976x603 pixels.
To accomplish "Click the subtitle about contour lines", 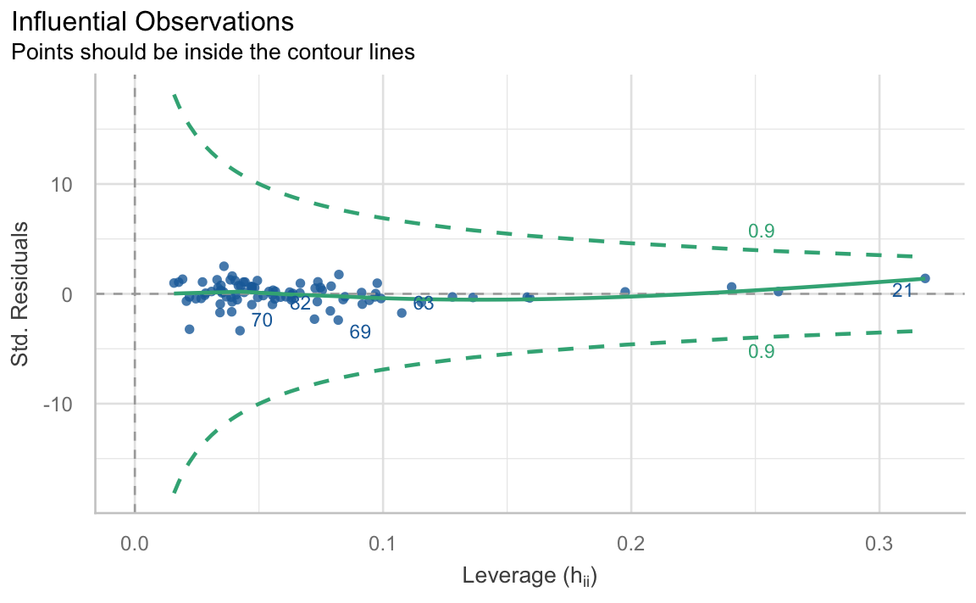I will (x=213, y=52).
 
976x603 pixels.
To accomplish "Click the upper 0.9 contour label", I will (x=761, y=232).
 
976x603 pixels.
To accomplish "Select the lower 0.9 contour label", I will (x=761, y=351).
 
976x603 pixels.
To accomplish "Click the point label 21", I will (x=902, y=291).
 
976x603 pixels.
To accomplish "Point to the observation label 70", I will (x=262, y=321).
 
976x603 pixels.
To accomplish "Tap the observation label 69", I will (x=360, y=332).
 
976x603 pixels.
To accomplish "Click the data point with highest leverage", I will (x=925, y=278).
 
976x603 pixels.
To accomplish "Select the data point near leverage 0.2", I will (x=625, y=292).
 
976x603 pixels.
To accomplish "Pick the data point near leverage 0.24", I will (x=731, y=287).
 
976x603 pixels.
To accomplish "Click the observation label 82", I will (x=300, y=304).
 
